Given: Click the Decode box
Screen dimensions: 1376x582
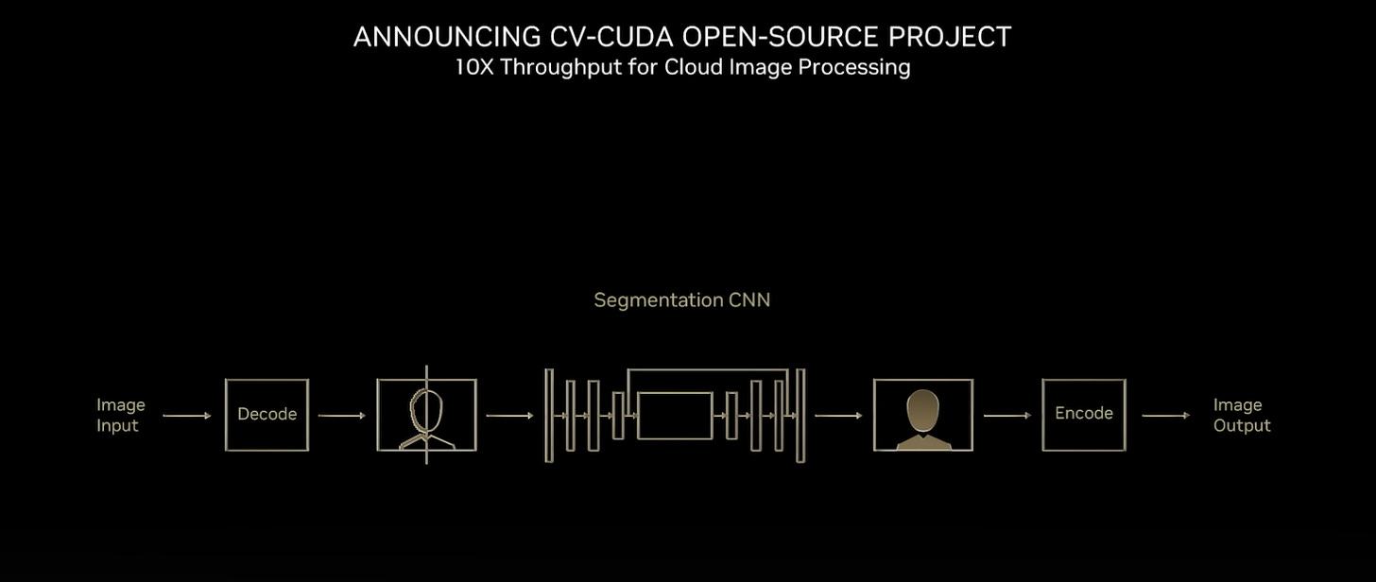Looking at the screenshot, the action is tap(267, 415).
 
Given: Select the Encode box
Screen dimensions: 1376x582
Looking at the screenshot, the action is tap(1083, 415).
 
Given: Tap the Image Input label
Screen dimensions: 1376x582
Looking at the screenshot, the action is tap(120, 415).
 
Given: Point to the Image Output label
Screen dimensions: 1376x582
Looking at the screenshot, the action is tap(1242, 415).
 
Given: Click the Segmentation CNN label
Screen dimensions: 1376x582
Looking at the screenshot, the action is tap(681, 300).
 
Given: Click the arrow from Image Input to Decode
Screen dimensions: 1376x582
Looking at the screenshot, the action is tap(187, 416).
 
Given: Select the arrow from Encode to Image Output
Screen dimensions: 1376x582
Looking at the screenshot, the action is tap(1165, 416).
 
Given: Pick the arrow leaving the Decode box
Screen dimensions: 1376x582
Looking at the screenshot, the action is tap(341, 416).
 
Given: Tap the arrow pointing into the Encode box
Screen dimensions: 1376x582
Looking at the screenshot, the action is tap(1006, 416).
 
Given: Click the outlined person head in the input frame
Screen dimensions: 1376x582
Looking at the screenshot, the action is tap(425, 409).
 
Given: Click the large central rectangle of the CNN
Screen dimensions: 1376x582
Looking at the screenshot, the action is tap(674, 416).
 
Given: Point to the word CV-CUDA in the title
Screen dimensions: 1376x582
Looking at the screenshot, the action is tap(611, 37).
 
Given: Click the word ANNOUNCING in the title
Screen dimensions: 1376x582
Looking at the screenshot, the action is tap(447, 37).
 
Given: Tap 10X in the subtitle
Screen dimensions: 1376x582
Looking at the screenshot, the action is tap(474, 67).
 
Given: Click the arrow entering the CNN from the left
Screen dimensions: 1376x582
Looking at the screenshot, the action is tap(510, 416).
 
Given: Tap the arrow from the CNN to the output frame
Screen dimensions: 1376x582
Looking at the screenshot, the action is tap(838, 416).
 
